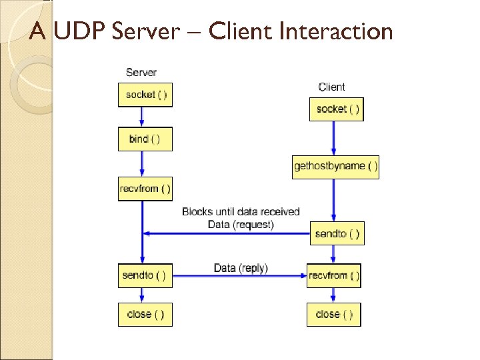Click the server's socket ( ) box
coord(145,95)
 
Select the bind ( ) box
coord(145,139)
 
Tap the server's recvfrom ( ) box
coord(145,188)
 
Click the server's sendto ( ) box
coord(145,275)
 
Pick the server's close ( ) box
coord(145,314)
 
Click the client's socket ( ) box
coord(337,109)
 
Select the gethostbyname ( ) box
coord(336,166)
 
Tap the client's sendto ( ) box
coord(337,233)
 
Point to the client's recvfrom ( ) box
coord(334,275)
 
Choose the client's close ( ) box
coord(334,314)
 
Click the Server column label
coord(141,72)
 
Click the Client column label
coord(331,87)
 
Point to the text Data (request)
coord(241,225)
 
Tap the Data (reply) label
coord(241,268)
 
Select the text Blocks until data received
coord(241,212)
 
